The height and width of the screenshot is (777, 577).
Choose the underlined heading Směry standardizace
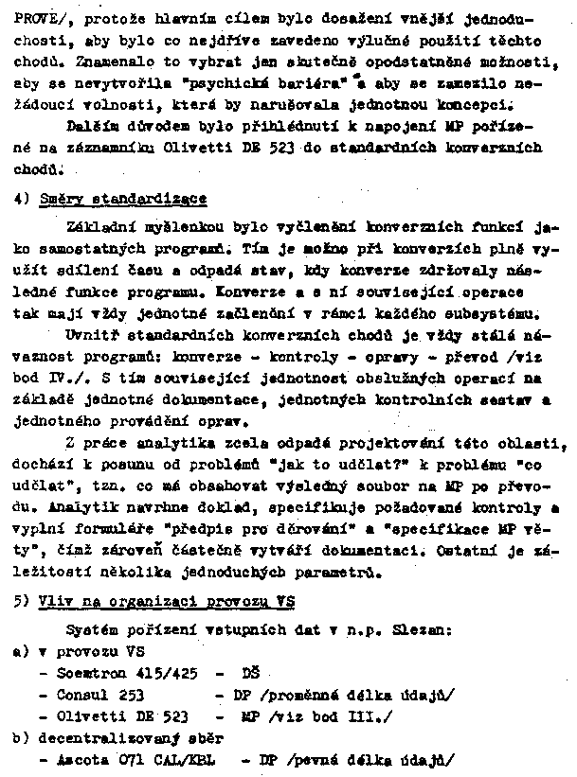coord(123,200)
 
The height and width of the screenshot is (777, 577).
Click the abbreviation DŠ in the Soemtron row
coord(251,674)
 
